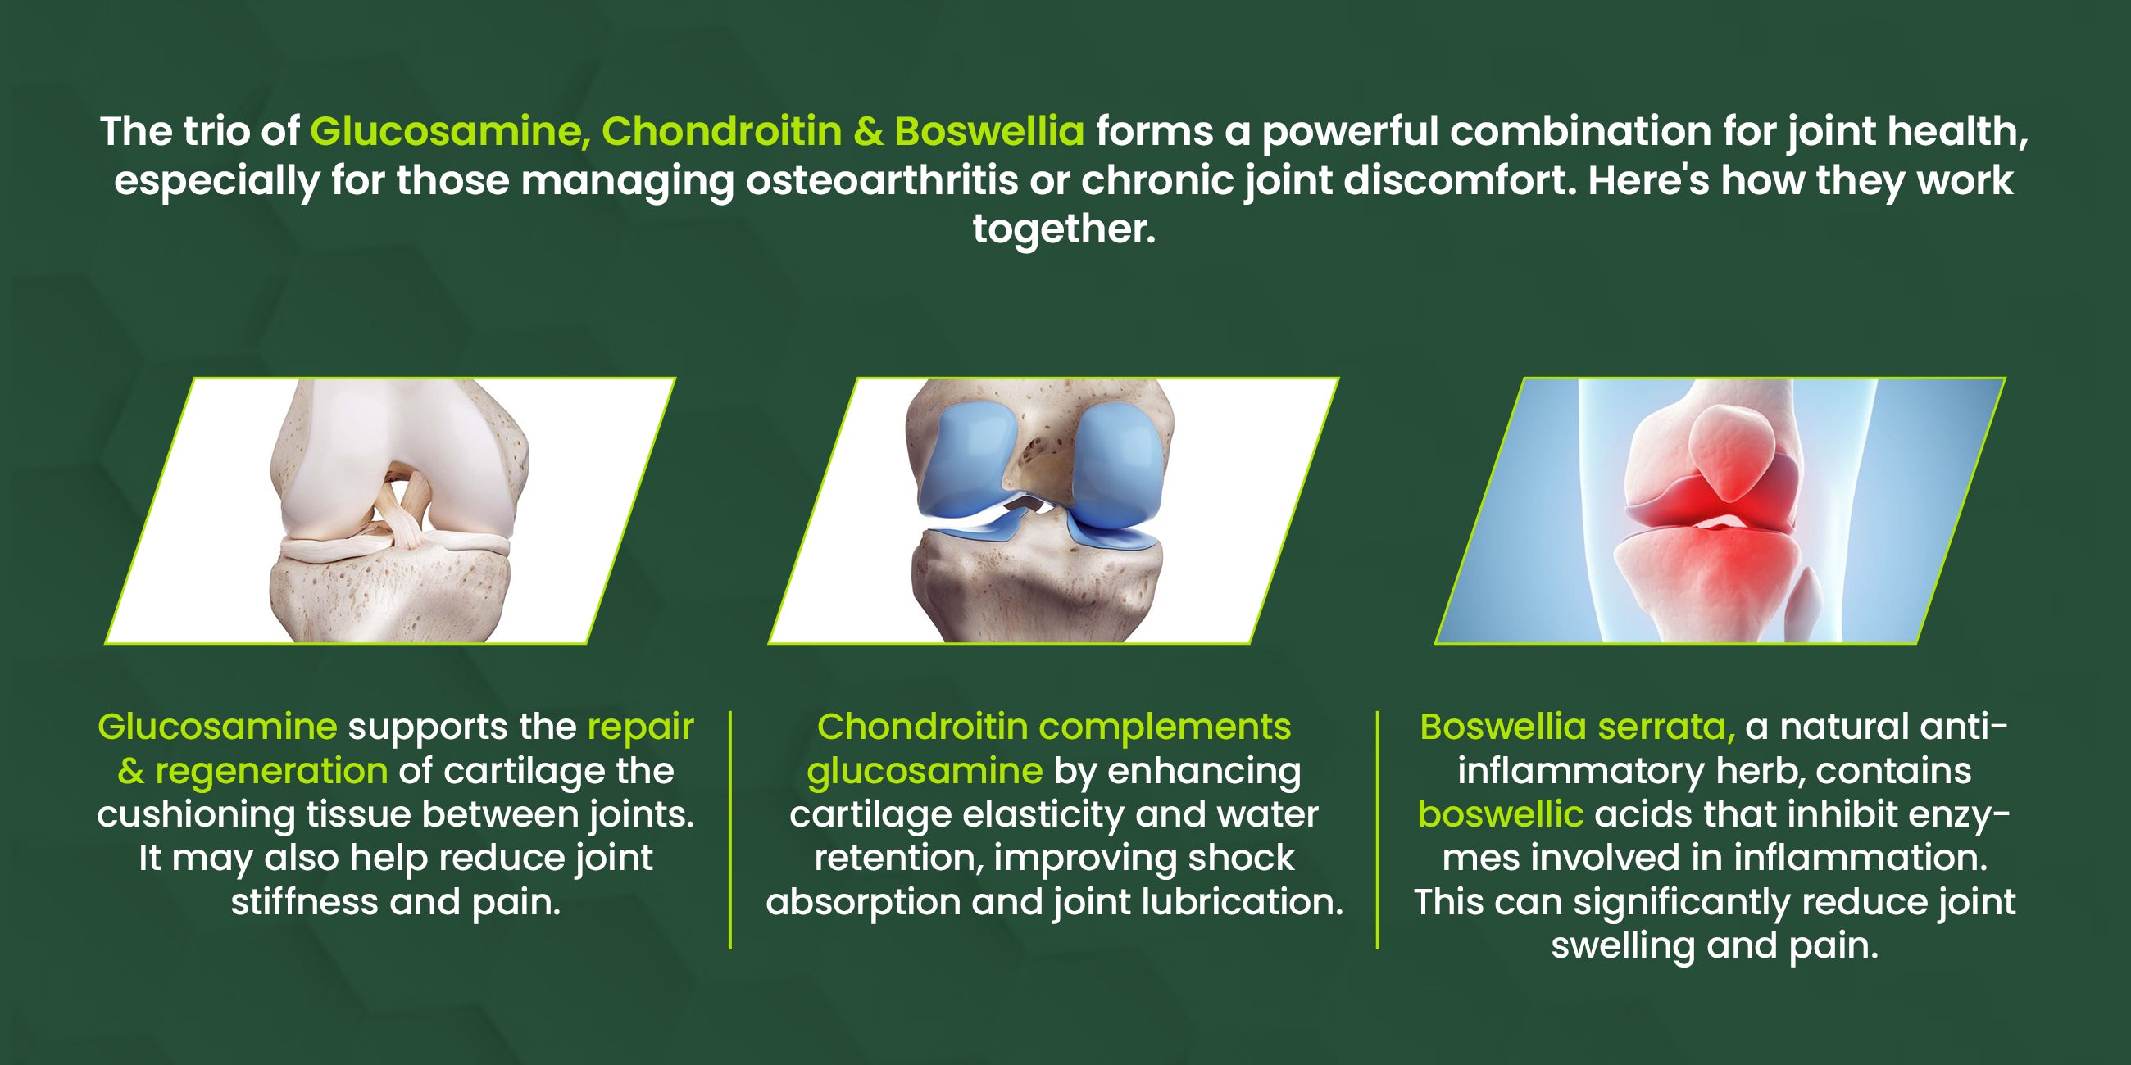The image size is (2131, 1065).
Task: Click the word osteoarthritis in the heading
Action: (882, 180)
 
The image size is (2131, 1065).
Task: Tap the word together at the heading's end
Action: (1064, 229)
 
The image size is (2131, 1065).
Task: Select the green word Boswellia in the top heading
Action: (989, 130)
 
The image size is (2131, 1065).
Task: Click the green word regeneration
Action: (271, 772)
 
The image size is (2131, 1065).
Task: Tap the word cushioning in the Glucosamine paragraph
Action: (196, 815)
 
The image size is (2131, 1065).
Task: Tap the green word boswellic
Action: (1501, 814)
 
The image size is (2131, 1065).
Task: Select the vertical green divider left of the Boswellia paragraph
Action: (1378, 829)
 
